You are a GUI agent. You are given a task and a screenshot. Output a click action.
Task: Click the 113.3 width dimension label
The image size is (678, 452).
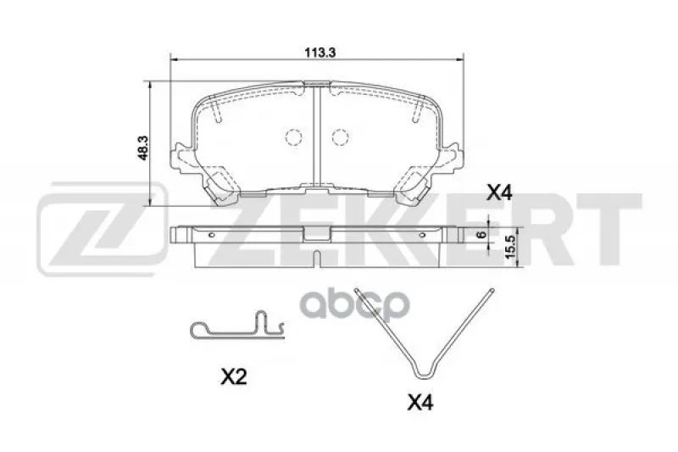[x=320, y=53]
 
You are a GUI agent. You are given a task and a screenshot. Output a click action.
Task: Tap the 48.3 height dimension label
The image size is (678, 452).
[x=142, y=148]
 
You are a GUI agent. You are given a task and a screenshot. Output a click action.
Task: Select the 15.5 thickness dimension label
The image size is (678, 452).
[x=511, y=247]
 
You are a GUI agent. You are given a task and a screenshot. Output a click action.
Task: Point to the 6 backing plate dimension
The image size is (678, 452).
[x=481, y=234]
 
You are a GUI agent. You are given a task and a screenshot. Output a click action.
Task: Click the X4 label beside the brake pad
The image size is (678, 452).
[x=499, y=193]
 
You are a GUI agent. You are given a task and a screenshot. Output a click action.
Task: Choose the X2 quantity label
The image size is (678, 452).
[x=234, y=377]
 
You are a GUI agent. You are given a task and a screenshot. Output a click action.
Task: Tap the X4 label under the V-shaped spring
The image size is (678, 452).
[x=420, y=403]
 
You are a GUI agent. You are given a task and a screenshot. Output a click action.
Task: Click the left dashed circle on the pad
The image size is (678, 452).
[x=293, y=137]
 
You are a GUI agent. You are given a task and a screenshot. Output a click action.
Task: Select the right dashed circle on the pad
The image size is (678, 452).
[x=341, y=137]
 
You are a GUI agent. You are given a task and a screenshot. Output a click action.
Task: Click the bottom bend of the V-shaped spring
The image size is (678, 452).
[x=424, y=375]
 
